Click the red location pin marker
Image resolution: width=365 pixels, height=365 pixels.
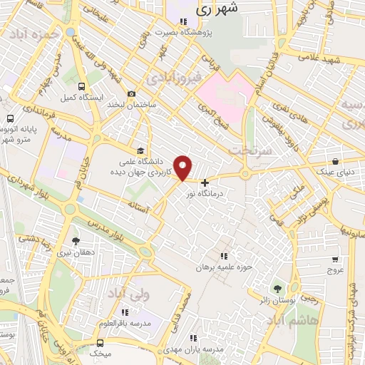(184, 168)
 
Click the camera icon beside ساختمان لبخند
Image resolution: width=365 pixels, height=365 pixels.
(131, 94)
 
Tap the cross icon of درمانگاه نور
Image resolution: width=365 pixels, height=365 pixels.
(205, 183)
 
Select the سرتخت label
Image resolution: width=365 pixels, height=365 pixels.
(249, 151)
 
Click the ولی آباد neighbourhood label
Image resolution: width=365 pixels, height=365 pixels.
(128, 292)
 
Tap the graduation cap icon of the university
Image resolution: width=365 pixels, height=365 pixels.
(140, 152)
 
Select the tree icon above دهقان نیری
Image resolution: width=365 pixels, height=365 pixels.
(76, 241)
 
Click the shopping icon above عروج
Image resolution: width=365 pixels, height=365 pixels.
(335, 259)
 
